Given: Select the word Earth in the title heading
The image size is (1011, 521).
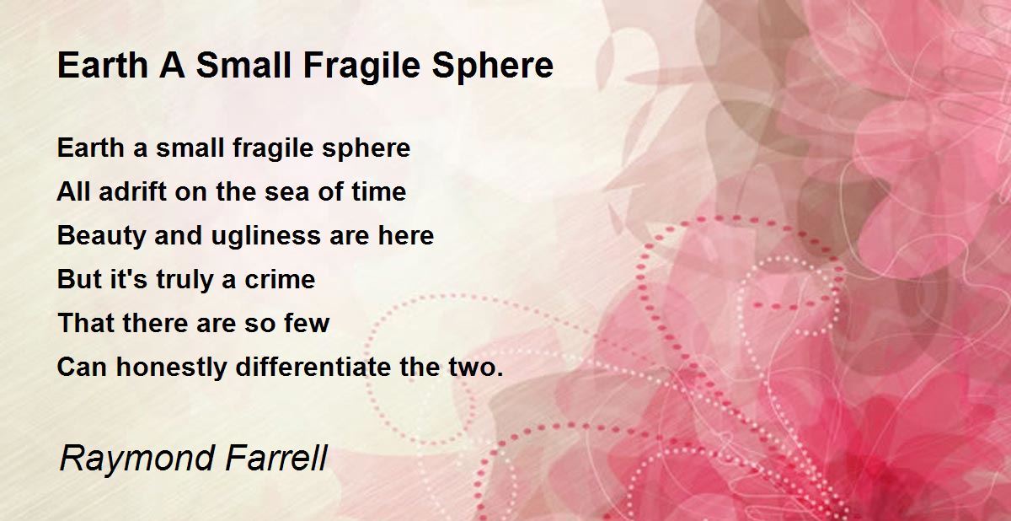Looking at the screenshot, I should click(99, 66).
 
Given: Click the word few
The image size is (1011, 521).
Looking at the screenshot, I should click(307, 323).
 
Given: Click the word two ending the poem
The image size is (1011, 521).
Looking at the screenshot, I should click(478, 368).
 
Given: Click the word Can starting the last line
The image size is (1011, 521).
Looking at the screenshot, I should click(82, 368).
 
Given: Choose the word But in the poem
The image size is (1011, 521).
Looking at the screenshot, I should click(78, 279).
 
